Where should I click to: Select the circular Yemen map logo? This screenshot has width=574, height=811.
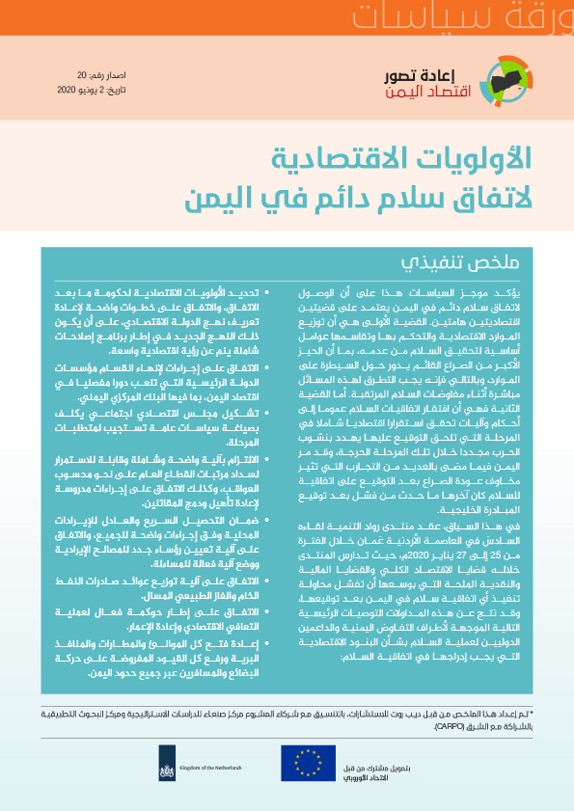507,84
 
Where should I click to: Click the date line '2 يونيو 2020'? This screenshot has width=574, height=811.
94,89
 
